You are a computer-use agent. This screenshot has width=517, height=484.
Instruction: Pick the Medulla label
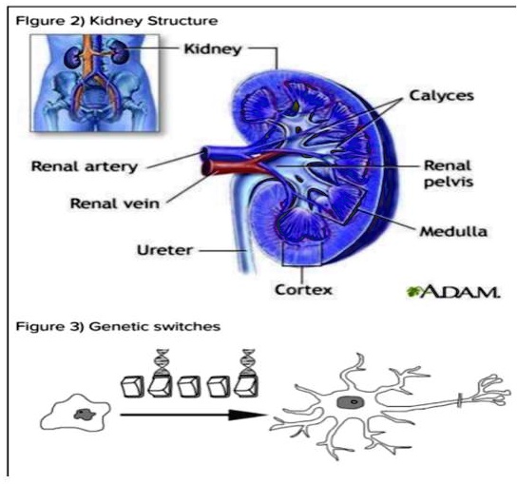(x=446, y=229)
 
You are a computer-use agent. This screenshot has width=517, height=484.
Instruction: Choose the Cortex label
(x=303, y=286)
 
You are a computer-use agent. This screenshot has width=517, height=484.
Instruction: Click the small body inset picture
(x=77, y=83)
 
